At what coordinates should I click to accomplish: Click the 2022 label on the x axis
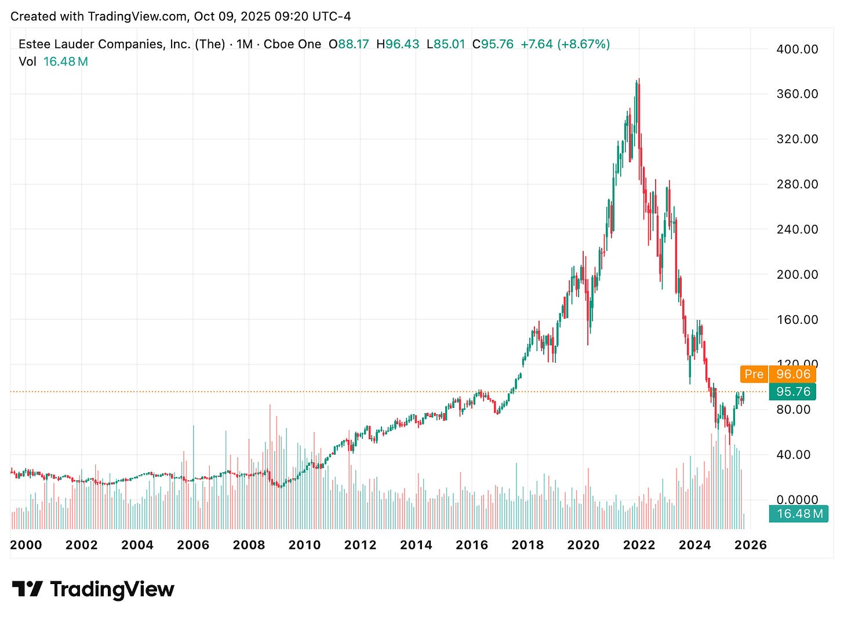tap(639, 545)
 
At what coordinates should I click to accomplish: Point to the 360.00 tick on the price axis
tap(797, 94)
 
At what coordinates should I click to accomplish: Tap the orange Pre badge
tap(754, 374)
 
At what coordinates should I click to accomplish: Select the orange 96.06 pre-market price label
tap(793, 374)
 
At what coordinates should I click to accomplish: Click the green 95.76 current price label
tap(793, 392)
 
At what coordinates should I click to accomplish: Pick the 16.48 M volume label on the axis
tap(799, 514)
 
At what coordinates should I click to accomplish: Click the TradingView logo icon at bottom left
tap(27, 589)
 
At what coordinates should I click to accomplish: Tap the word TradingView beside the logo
tap(112, 589)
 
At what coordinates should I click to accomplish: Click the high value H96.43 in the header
tap(398, 44)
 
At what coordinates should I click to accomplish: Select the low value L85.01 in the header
tap(445, 44)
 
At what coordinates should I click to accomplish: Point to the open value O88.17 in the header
tap(348, 44)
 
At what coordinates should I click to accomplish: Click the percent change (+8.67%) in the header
tap(583, 44)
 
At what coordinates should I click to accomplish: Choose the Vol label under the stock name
tap(27, 61)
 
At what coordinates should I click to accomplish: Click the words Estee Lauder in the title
tap(53, 44)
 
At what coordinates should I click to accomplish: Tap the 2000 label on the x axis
tap(26, 545)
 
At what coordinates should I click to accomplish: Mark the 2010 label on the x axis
tap(304, 545)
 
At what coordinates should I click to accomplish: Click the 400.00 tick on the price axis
tap(797, 49)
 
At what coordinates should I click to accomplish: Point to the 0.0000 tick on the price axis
tap(797, 499)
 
